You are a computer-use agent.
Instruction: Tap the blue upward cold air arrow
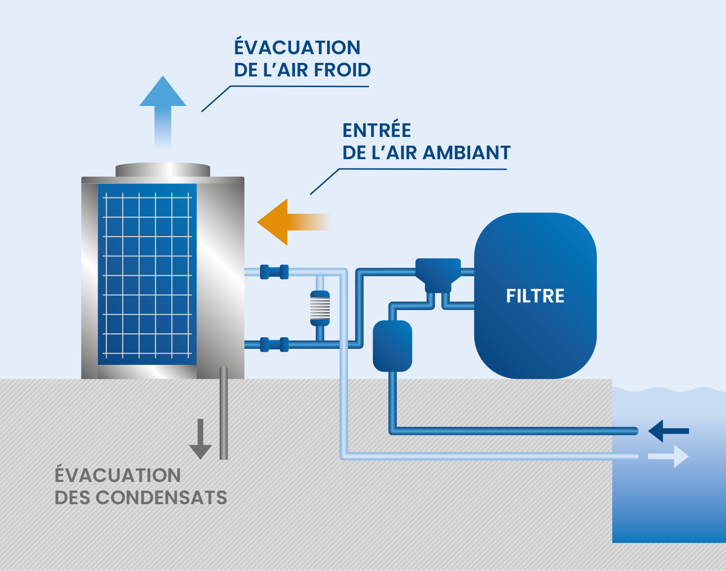(x=163, y=106)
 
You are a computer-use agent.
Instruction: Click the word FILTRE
(x=535, y=296)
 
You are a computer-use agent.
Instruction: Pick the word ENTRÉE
(x=377, y=131)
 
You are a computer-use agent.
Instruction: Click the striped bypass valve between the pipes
(x=319, y=308)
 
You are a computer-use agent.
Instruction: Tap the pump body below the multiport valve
(x=392, y=346)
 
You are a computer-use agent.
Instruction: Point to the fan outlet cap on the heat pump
(x=163, y=170)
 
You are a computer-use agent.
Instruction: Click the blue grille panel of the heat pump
(x=147, y=274)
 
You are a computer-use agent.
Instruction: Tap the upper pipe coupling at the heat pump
(x=274, y=272)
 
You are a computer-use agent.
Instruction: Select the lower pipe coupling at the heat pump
(x=274, y=345)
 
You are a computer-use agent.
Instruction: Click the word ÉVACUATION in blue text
(x=297, y=48)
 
